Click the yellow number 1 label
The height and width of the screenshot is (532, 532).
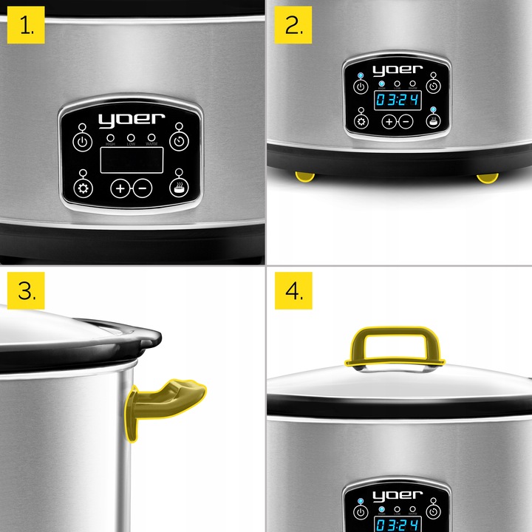(x=27, y=27)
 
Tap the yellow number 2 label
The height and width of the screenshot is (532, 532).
(x=293, y=27)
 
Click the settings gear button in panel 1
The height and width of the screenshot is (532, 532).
(x=83, y=188)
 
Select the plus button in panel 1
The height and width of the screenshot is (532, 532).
(x=120, y=188)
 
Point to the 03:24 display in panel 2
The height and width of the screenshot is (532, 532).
(x=397, y=100)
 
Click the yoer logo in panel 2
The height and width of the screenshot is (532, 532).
(x=398, y=71)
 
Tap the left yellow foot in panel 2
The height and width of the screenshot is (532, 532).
(x=304, y=177)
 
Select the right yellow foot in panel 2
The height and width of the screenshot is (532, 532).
(x=487, y=177)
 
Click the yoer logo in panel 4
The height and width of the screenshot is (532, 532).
(x=398, y=496)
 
